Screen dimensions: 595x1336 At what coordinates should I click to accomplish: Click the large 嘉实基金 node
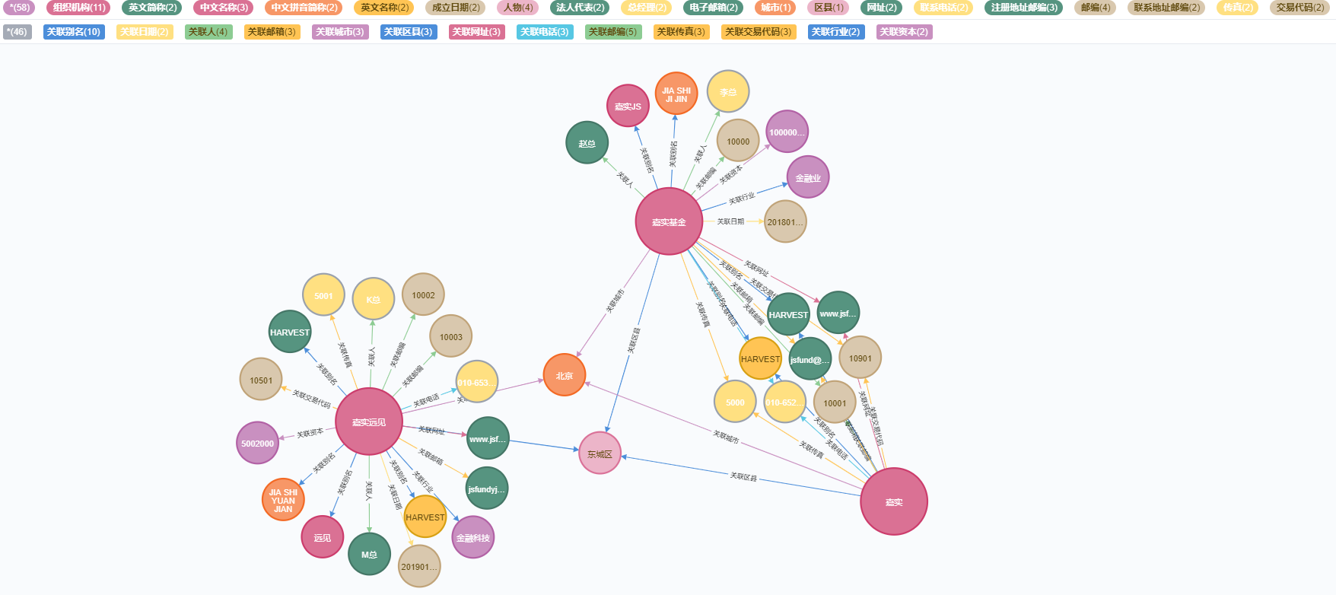point(669,221)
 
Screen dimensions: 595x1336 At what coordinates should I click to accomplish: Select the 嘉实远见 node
point(369,422)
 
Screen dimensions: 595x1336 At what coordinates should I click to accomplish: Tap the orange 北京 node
point(564,375)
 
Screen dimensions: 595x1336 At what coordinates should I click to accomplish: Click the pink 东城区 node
point(600,453)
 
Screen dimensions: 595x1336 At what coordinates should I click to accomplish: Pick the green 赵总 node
point(587,143)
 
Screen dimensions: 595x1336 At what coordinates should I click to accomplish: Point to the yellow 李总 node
point(728,92)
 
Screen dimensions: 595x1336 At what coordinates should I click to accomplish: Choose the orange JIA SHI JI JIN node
point(676,94)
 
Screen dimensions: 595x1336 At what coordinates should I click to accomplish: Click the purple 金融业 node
point(807,177)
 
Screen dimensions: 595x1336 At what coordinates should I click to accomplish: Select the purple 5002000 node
point(257,443)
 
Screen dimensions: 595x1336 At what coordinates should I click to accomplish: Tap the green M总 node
point(369,554)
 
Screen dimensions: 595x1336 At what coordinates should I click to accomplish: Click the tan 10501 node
point(261,380)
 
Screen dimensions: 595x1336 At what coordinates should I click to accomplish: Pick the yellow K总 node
point(373,299)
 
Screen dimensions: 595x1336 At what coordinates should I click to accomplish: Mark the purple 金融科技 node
point(472,537)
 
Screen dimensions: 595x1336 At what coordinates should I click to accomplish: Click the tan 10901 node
point(860,358)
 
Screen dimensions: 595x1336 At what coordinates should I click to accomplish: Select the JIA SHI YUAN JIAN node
point(283,500)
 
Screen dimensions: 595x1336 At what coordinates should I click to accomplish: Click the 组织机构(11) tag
point(78,8)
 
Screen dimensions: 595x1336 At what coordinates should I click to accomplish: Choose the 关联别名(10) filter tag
point(74,32)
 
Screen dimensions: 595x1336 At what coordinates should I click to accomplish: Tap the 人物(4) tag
point(518,8)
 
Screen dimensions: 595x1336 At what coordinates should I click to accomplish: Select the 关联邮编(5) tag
point(613,32)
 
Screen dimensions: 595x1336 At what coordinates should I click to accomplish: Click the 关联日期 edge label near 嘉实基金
point(730,221)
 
